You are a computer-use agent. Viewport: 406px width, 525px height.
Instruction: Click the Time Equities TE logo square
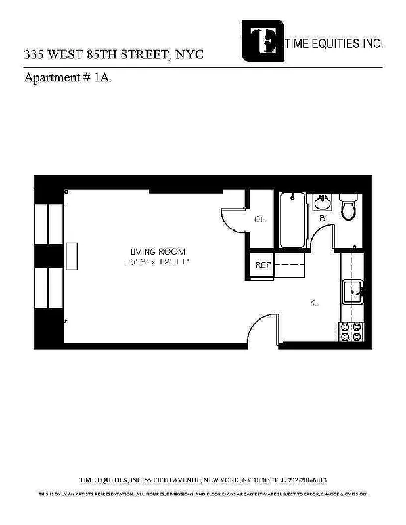[264, 40]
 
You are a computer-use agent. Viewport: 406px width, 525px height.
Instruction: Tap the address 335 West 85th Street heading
[114, 55]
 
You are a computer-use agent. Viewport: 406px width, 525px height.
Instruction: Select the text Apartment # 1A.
[60, 77]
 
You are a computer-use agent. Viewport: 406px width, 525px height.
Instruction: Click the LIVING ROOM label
[158, 251]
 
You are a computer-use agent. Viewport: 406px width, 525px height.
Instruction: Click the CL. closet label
[260, 220]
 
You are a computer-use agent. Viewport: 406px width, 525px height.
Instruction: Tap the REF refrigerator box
[263, 265]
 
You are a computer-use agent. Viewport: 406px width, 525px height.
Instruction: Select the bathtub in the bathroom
[292, 219]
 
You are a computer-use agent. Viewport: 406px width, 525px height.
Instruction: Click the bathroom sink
[323, 201]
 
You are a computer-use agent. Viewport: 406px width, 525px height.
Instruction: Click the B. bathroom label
[323, 218]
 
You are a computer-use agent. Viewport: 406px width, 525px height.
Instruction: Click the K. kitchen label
[314, 303]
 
